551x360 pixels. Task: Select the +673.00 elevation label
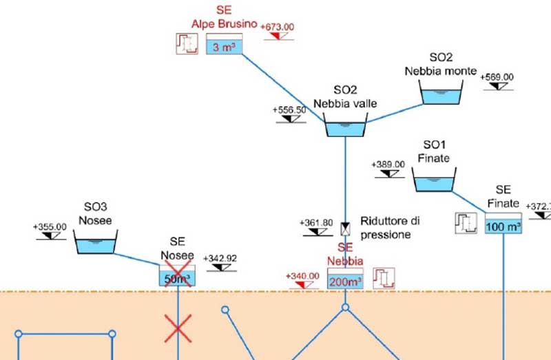coord(278,27)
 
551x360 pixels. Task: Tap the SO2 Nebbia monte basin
coord(441,95)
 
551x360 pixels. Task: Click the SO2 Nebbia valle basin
coord(345,128)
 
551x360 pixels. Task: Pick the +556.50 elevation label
coord(290,110)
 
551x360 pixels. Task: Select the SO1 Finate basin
coord(433,182)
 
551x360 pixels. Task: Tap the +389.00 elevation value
coord(388,165)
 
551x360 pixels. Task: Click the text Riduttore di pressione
coord(390,228)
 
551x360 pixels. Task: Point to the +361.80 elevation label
coord(317,223)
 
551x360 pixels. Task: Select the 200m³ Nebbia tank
coord(345,281)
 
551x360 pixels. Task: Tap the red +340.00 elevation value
coord(303,277)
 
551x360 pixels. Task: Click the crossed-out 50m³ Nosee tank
coord(178,277)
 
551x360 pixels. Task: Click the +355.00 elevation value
coord(50,226)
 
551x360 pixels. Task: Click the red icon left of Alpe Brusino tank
coord(184,44)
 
